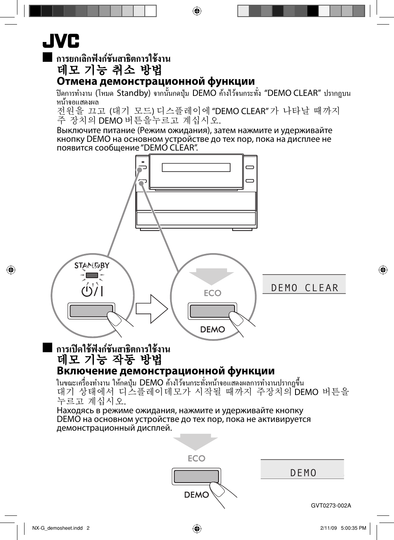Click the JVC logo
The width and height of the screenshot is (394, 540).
click(x=61, y=41)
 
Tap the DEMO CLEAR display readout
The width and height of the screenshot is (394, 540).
click(x=304, y=288)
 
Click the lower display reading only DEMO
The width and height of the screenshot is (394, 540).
click(x=303, y=472)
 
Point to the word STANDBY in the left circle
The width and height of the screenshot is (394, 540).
click(x=92, y=265)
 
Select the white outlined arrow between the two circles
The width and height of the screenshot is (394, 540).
click(x=152, y=308)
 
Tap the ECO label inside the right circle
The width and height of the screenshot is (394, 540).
click(x=212, y=293)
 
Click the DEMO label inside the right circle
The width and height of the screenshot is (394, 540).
click(x=212, y=329)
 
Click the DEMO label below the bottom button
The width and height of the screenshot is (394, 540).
click(x=196, y=494)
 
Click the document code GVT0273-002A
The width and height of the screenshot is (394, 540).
click(x=331, y=506)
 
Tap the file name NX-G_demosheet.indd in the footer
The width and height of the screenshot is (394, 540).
click(x=58, y=528)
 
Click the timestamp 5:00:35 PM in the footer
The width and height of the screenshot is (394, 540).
click(x=353, y=528)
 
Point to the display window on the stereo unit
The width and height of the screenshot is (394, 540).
click(x=196, y=167)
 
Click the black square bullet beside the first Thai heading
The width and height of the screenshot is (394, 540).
click(x=47, y=57)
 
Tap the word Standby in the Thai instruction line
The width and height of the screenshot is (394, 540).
click(x=133, y=93)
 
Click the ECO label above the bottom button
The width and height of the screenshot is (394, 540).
click(x=197, y=458)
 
